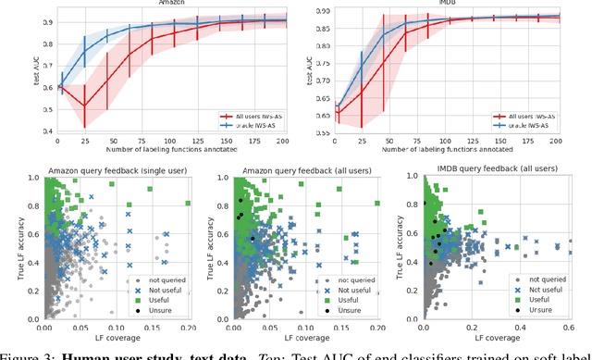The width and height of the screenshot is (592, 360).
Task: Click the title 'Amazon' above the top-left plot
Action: [170, 4]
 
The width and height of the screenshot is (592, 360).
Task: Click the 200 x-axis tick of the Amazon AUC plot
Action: [283, 142]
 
